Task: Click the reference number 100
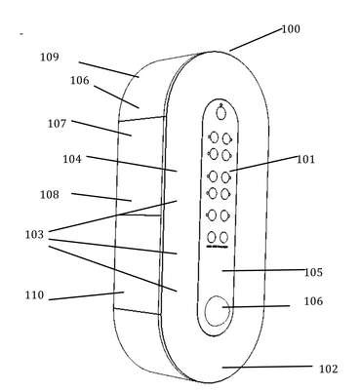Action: (x=291, y=29)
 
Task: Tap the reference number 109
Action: (x=50, y=57)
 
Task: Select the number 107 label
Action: (x=58, y=124)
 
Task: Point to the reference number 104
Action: (x=72, y=159)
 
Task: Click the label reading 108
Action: (x=50, y=195)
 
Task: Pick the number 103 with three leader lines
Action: (x=34, y=234)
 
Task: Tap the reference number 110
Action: (x=34, y=295)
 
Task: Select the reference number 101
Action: (x=305, y=159)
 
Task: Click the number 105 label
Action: (x=313, y=272)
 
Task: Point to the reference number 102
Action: (x=329, y=369)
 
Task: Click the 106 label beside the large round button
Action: (x=313, y=301)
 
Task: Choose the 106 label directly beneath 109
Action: (x=80, y=80)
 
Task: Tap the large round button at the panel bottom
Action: (x=218, y=311)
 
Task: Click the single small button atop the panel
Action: (x=221, y=112)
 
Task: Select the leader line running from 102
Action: (x=267, y=367)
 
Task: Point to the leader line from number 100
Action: (x=256, y=40)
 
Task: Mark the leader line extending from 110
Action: (x=87, y=295)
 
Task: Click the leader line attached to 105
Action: (x=264, y=270)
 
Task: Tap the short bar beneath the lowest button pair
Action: (x=218, y=247)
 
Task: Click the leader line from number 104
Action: (x=132, y=164)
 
